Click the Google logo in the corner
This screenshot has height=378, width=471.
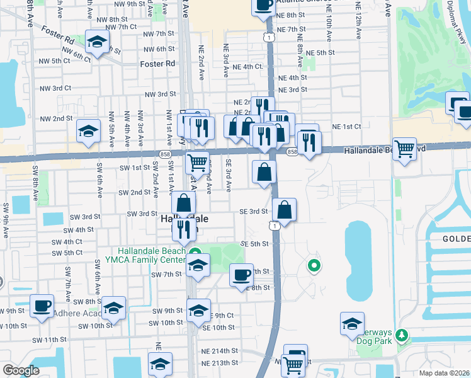tap(21, 370)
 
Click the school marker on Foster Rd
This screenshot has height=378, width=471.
tap(97, 43)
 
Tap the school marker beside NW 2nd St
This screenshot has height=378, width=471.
tap(88, 131)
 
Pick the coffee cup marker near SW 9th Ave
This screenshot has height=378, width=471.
tap(42, 306)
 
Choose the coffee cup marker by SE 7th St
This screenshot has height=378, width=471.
tap(241, 275)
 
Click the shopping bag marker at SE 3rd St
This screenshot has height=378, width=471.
tap(285, 210)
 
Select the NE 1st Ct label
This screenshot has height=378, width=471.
tap(347, 127)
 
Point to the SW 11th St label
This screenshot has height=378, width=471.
tap(50, 340)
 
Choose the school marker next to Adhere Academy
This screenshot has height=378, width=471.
tap(113, 309)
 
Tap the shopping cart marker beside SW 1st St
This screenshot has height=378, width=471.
tap(198, 163)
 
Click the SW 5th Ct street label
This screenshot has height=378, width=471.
tap(67, 253)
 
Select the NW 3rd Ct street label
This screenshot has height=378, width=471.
tap(160, 94)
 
